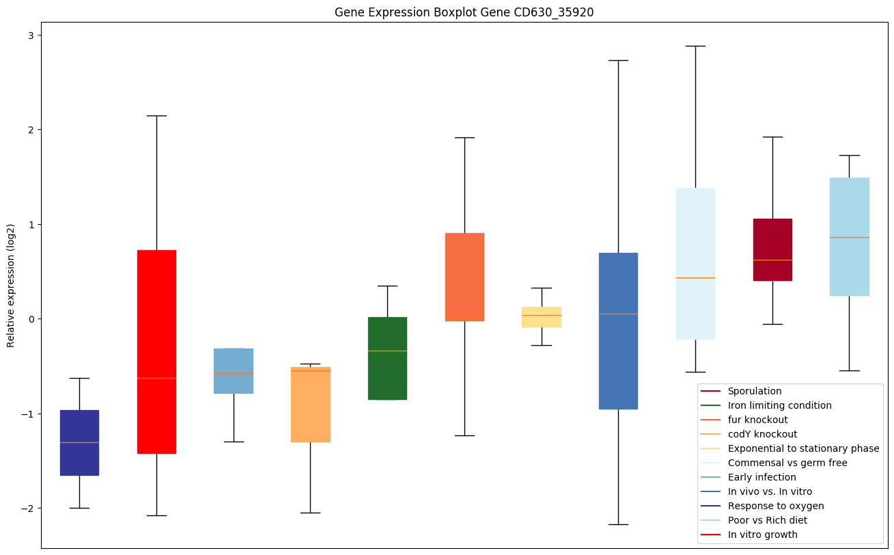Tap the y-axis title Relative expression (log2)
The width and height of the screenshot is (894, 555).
[11, 285]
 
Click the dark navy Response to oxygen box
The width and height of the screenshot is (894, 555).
[79, 442]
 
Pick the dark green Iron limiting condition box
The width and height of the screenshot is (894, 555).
[387, 358]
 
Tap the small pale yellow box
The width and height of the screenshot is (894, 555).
[542, 316]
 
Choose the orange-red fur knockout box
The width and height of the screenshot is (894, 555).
[464, 277]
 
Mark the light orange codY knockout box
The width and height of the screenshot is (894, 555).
[311, 404]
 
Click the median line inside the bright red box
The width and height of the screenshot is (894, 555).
[156, 378]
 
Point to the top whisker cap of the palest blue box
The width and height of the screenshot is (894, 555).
[695, 46]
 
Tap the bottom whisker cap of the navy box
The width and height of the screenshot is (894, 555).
[79, 508]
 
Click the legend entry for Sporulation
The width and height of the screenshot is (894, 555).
[754, 391]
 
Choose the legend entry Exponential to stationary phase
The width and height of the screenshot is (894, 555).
[803, 448]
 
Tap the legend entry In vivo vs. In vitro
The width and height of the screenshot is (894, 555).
[770, 491]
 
